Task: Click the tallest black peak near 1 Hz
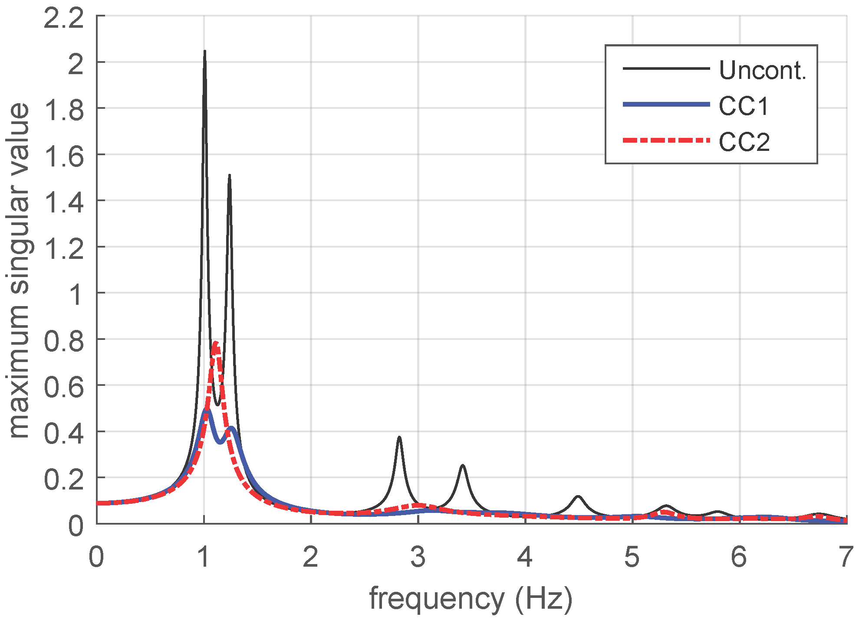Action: point(204,52)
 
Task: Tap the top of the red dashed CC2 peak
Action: point(216,344)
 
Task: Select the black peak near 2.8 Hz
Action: point(399,438)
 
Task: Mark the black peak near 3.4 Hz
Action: point(463,466)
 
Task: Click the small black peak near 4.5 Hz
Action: point(578,496)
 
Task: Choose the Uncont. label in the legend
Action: point(762,70)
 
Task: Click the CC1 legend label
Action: point(744,106)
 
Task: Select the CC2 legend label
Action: point(744,142)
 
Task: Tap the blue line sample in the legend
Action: point(666,104)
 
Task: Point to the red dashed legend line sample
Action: point(666,140)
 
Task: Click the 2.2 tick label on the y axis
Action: point(64,19)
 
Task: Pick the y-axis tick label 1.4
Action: point(64,202)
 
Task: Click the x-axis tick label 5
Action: point(632,557)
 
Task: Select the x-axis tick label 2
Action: point(311,557)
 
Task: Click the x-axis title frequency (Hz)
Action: point(471,599)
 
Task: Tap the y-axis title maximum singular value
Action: point(20,271)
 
